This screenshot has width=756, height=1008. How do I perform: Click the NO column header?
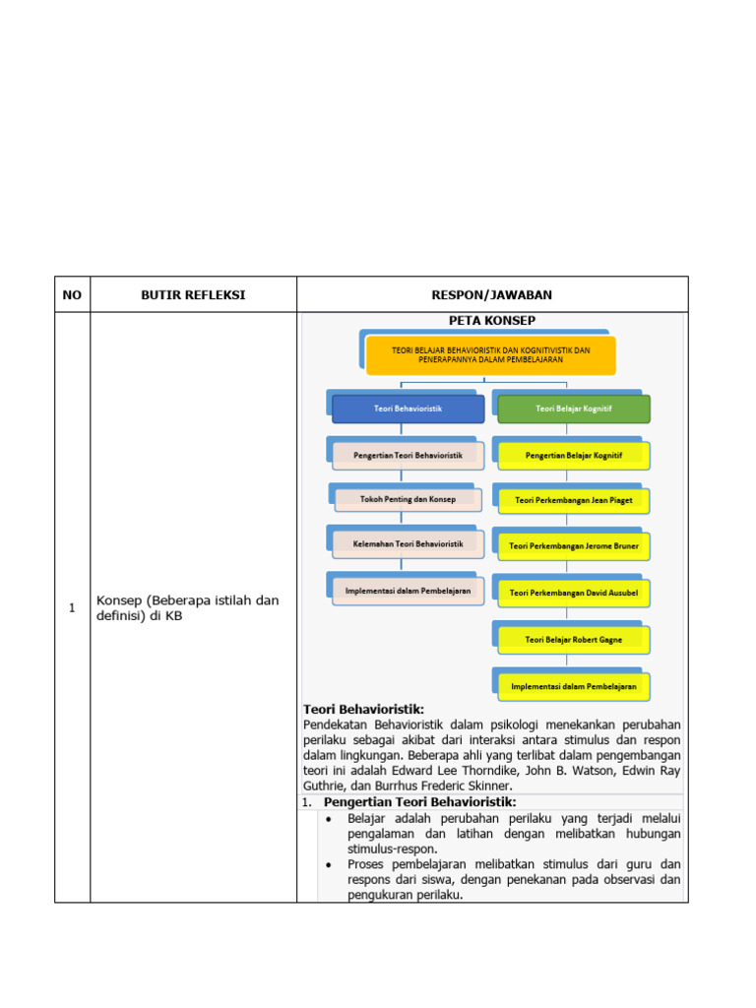72,294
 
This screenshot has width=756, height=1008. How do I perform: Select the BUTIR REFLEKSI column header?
193,294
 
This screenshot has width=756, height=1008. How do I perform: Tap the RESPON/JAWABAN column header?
492,294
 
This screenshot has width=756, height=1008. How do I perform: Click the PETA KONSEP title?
492,321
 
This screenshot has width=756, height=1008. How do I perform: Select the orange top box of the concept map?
490,354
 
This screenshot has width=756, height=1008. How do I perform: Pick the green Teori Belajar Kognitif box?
573,408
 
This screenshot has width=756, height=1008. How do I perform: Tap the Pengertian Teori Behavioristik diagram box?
408,455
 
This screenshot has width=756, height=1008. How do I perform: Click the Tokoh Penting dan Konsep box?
408,499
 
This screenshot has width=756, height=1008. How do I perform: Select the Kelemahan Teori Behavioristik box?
408,543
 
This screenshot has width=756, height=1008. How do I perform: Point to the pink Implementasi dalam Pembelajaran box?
408,591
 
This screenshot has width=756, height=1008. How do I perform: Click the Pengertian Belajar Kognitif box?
573,456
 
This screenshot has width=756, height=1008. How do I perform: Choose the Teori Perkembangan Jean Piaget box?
573,500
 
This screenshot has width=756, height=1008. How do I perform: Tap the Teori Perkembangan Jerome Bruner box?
573,545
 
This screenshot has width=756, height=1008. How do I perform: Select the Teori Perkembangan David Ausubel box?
573,594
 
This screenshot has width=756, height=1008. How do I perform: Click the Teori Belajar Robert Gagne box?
573,639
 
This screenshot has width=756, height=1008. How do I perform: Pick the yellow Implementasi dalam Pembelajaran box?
573,685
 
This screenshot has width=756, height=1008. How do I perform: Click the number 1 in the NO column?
72,608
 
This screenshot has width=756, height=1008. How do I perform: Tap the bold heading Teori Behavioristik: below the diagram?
363,709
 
